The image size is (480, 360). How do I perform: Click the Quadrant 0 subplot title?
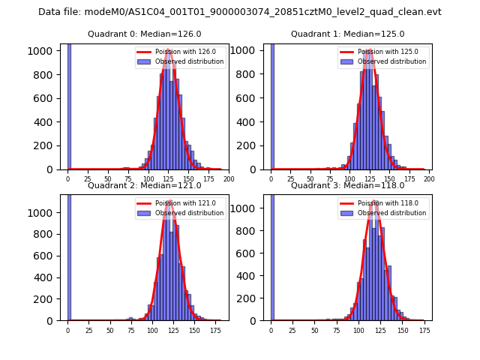coord(145,34)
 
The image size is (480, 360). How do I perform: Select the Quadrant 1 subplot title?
coord(347,34)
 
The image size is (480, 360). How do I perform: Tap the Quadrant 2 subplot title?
coord(145,185)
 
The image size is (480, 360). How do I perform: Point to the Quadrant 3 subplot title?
coord(347,185)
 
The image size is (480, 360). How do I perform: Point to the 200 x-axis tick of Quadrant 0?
coord(229,179)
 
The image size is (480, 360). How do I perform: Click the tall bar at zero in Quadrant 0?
coord(69,105)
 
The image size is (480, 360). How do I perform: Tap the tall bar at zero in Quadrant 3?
coord(272,255)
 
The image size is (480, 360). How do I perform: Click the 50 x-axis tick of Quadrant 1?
coord(311,179)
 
